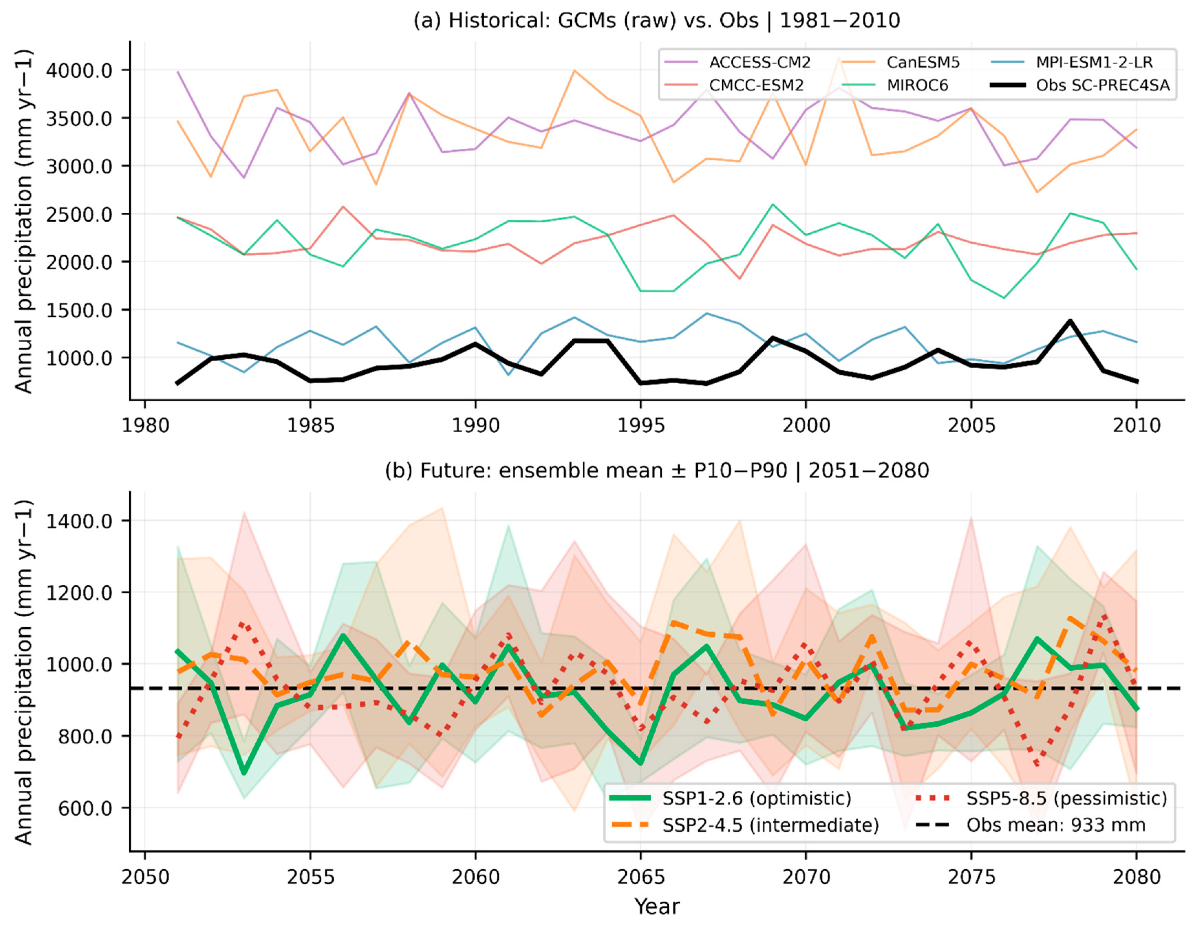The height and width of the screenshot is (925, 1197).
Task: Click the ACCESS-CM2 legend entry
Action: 737,63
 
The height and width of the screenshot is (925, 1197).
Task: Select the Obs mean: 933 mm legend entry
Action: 1031,825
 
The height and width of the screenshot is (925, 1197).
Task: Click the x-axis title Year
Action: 657,907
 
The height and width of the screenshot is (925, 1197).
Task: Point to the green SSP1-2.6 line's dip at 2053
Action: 244,773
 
